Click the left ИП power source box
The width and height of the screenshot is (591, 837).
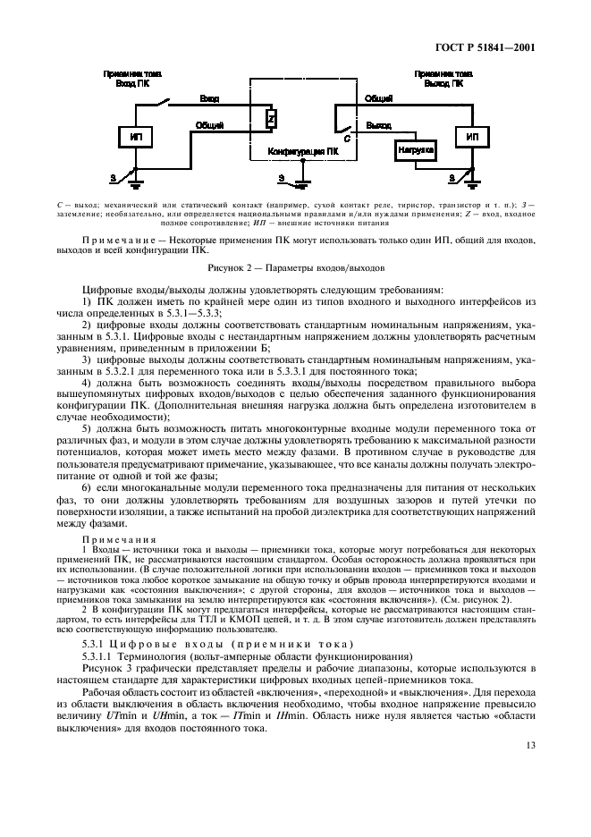(136, 137)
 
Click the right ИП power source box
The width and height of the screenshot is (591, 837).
(472, 137)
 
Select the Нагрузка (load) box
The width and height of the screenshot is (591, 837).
(416, 151)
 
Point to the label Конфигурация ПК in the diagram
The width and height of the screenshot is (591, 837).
(304, 153)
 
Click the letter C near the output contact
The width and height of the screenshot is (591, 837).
(347, 141)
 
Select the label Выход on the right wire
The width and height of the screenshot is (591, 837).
(378, 126)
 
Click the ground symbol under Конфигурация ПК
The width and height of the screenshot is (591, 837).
(300, 184)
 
